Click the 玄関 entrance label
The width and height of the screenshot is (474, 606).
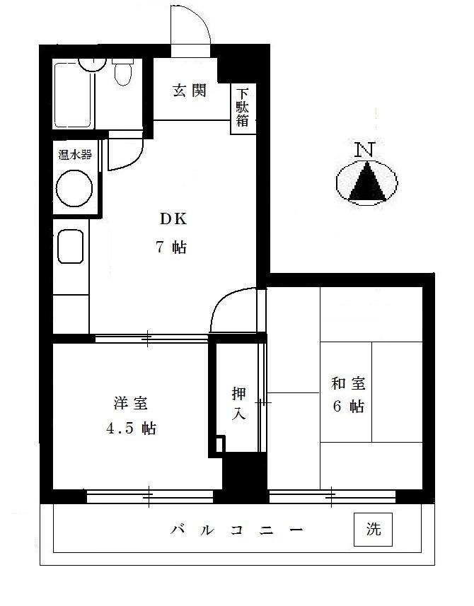(x=190, y=91)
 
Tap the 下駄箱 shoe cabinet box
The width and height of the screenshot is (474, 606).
(x=243, y=108)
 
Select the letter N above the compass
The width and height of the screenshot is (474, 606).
(x=365, y=149)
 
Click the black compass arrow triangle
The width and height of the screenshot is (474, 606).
(x=366, y=183)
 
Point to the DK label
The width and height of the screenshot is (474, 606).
(x=172, y=218)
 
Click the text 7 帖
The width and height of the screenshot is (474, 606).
(x=172, y=247)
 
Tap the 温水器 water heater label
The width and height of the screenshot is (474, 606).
(x=74, y=155)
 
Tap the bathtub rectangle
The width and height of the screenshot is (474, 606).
(x=73, y=97)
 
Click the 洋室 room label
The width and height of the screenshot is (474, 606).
(x=131, y=404)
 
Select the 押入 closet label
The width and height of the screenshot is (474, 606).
(x=239, y=404)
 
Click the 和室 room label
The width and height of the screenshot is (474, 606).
(x=348, y=384)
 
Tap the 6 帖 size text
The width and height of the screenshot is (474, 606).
(x=347, y=408)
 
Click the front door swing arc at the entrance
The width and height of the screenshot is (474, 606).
(x=191, y=28)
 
